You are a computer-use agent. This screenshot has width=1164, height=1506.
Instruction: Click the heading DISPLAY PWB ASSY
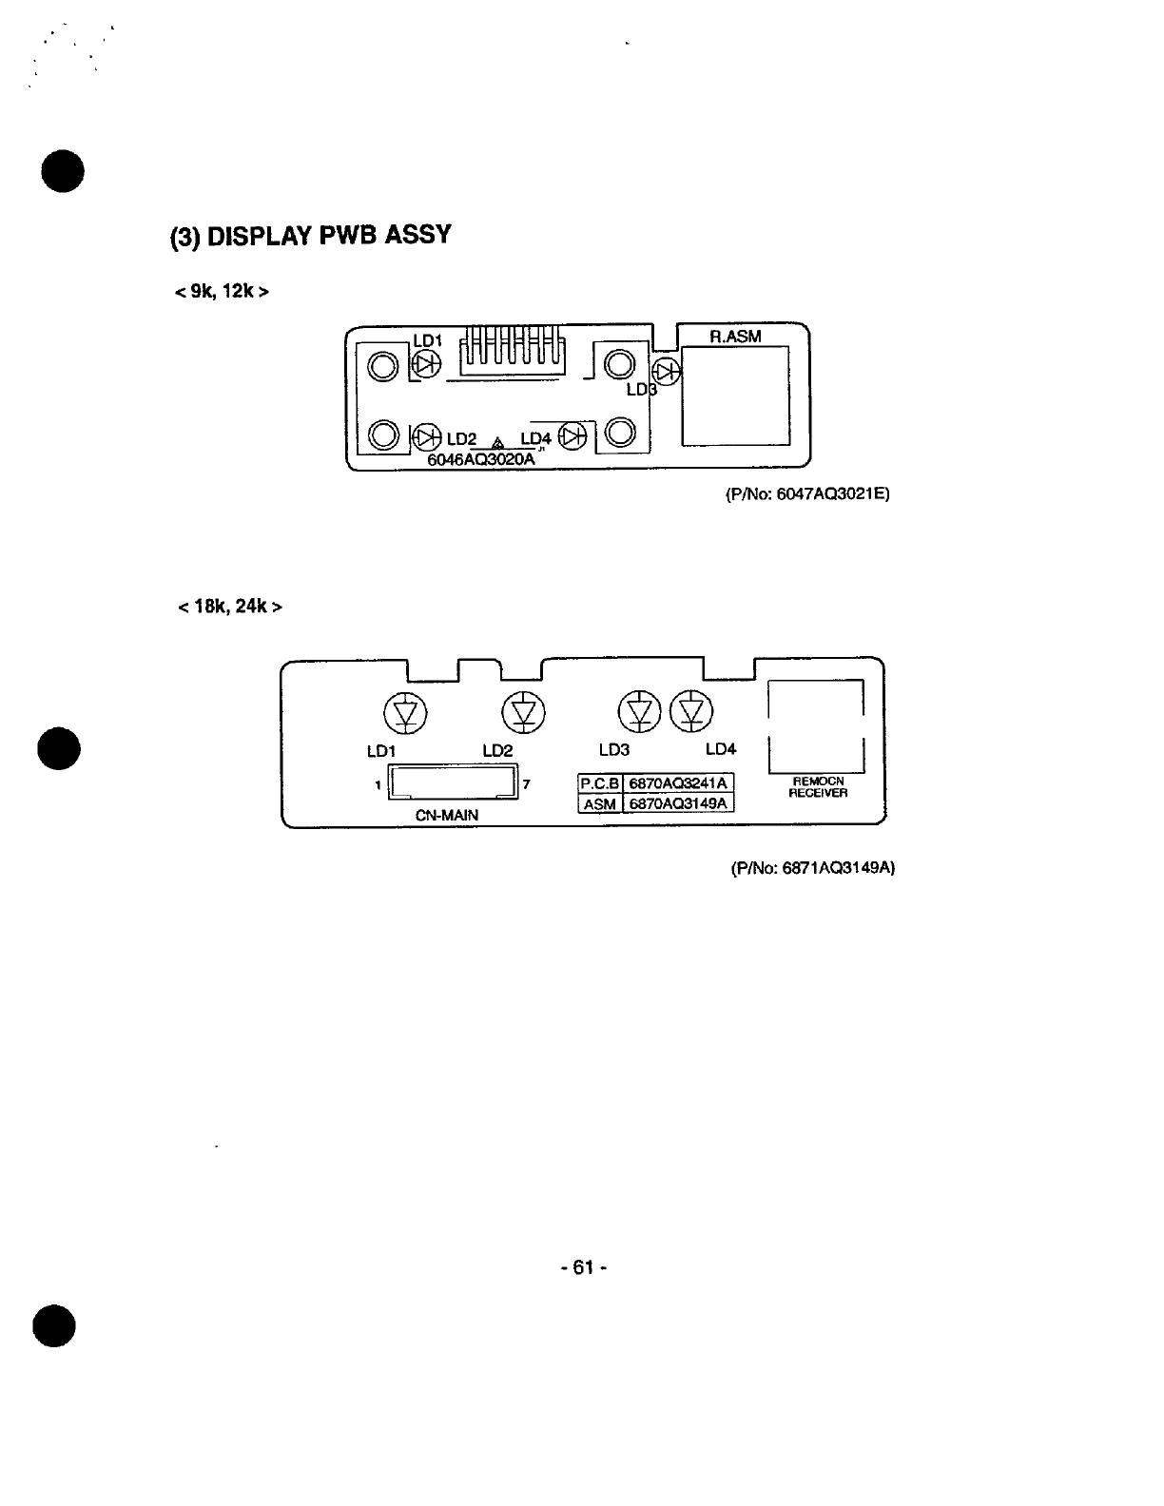pyautogui.click(x=329, y=235)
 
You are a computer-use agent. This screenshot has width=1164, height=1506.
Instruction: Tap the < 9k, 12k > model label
pyautogui.click(x=222, y=291)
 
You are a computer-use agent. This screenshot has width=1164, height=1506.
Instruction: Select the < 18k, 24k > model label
pyautogui.click(x=230, y=607)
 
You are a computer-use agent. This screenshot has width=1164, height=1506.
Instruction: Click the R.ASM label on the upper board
pyautogui.click(x=735, y=337)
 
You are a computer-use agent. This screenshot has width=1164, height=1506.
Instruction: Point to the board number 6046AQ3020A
pyautogui.click(x=481, y=459)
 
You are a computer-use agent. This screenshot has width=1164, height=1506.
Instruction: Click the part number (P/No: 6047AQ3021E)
pyautogui.click(x=807, y=494)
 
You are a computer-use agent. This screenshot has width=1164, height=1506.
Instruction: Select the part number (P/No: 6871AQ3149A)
pyautogui.click(x=813, y=868)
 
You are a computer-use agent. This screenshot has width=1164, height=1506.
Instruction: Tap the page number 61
pyautogui.click(x=584, y=1267)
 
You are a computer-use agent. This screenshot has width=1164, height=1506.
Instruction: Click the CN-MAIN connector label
pyautogui.click(x=447, y=816)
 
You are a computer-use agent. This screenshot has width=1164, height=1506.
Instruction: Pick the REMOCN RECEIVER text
pyautogui.click(x=818, y=787)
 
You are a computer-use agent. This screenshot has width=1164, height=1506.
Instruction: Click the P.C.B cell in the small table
pyautogui.click(x=599, y=783)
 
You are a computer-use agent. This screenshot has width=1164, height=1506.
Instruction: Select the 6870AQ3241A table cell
pyautogui.click(x=678, y=783)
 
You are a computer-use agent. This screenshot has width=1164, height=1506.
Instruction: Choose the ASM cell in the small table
pyautogui.click(x=600, y=804)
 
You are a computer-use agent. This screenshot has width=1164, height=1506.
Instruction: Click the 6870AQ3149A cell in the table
pyautogui.click(x=678, y=803)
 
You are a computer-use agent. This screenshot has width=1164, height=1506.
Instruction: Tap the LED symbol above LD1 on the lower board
pyautogui.click(x=405, y=713)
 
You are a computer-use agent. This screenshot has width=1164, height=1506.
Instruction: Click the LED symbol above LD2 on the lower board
pyautogui.click(x=523, y=713)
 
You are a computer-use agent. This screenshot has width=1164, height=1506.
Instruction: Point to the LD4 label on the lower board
pyautogui.click(x=721, y=749)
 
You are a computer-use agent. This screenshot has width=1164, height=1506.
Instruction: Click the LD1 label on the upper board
pyautogui.click(x=428, y=340)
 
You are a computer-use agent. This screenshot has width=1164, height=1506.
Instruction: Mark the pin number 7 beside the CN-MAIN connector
pyautogui.click(x=527, y=784)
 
